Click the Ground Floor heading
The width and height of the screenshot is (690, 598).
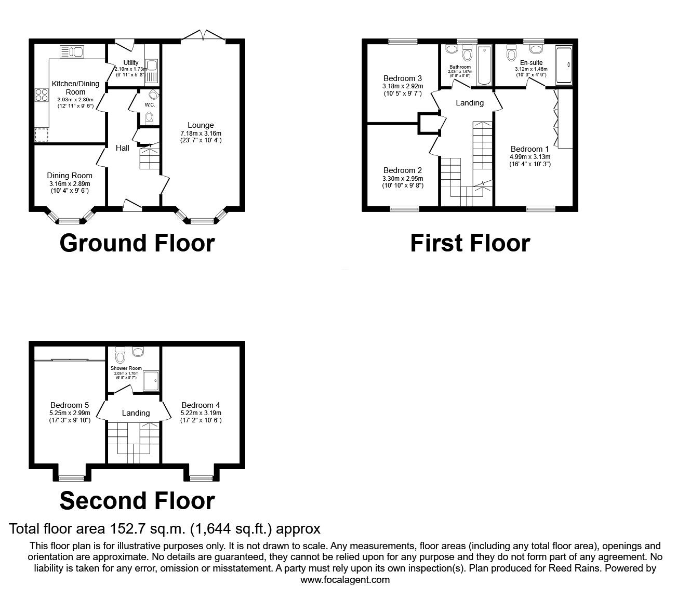(137, 243)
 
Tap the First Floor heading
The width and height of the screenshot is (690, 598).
(470, 243)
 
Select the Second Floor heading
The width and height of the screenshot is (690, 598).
(137, 500)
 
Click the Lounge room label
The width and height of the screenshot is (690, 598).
(201, 125)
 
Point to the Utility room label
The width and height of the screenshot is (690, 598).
(131, 63)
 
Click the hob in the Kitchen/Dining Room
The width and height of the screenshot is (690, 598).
(41, 95)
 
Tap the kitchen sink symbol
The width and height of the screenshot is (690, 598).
(72, 51)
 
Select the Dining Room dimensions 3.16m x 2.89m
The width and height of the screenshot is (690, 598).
(70, 183)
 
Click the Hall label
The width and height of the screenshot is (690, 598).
(123, 148)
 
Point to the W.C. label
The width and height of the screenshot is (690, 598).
(150, 105)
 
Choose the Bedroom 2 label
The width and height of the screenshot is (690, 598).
(402, 170)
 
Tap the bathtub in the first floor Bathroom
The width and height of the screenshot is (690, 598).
(484, 65)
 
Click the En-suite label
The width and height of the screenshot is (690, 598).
(531, 63)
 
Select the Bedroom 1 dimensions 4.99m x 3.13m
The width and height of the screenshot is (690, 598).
(530, 156)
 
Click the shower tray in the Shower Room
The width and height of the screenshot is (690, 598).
(151, 380)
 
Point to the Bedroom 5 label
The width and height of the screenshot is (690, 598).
(70, 405)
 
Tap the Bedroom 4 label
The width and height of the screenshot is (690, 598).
(201, 405)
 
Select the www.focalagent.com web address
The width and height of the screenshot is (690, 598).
(345, 580)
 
